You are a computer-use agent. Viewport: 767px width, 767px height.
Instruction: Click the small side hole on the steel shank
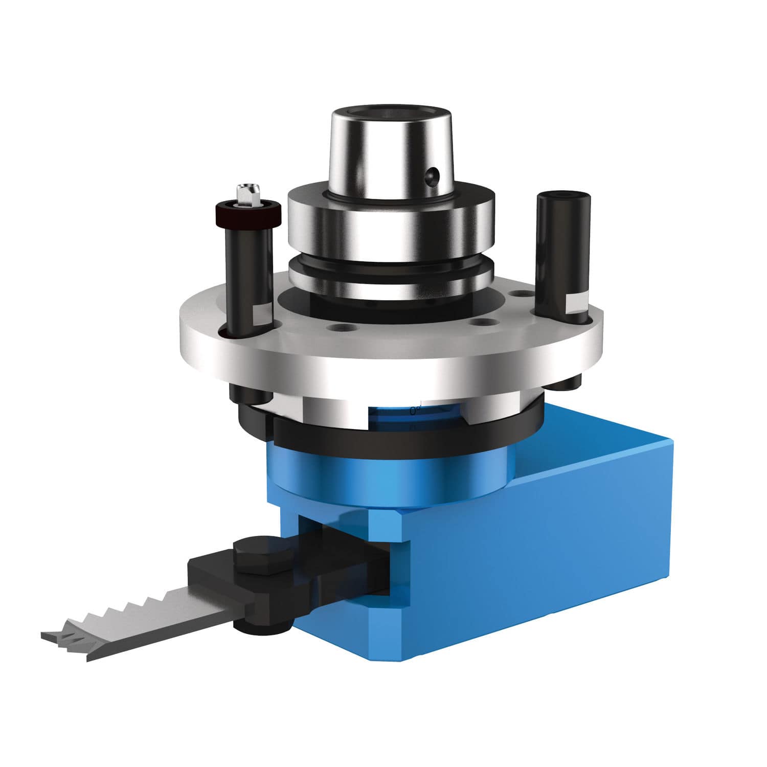434,175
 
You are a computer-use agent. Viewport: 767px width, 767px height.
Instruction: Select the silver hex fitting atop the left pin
247,195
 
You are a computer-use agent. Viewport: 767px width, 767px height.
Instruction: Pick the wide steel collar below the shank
391,217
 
